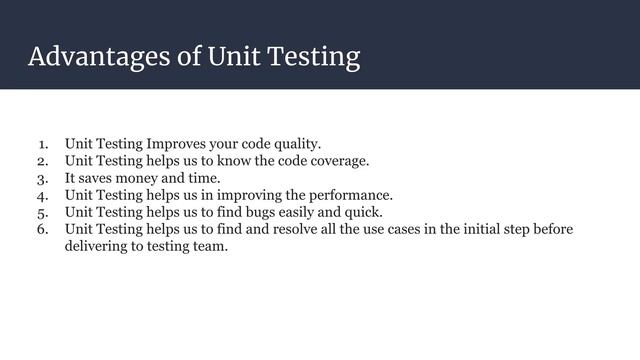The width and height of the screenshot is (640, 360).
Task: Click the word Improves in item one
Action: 182,143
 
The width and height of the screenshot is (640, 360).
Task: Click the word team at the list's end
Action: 208,247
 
